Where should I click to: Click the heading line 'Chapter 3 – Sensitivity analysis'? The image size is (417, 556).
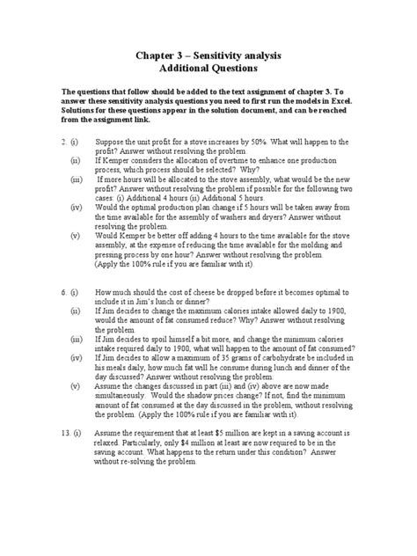208,55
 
